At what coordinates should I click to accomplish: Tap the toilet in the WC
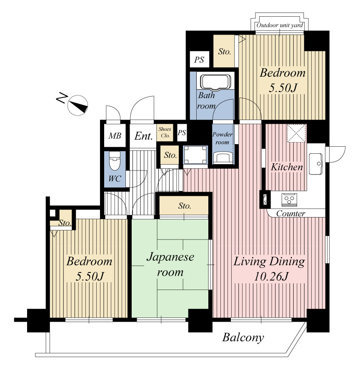115,161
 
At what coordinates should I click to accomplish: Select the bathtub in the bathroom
215,82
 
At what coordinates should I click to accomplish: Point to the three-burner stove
289,200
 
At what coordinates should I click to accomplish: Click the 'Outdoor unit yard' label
280,25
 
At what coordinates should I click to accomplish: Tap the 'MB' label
115,136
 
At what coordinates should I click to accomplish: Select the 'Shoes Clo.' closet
165,132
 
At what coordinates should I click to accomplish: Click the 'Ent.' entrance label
144,136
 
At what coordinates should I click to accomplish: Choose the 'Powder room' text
222,138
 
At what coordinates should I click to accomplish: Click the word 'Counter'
291,214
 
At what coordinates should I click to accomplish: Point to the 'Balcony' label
243,337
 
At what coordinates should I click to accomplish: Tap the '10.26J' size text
271,277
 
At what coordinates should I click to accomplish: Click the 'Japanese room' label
170,265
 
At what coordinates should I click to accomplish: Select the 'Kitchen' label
287,167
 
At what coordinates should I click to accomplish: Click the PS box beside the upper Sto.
199,60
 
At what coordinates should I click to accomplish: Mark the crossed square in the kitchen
297,133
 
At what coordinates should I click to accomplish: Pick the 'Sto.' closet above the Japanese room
184,205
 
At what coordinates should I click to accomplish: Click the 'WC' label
115,179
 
